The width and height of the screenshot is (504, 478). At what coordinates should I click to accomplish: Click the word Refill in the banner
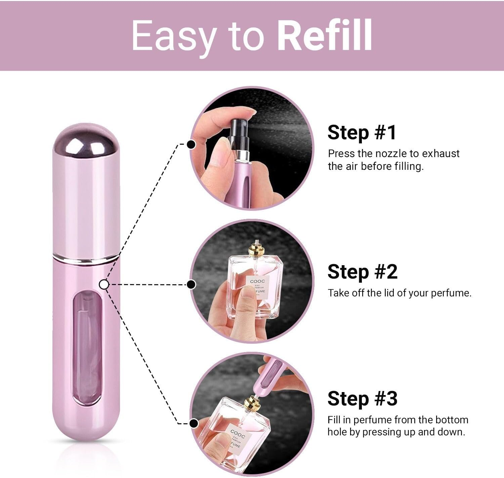[325, 35]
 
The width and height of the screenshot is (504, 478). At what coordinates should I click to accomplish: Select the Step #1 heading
[362, 132]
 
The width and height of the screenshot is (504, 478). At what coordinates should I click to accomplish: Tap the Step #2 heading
[362, 272]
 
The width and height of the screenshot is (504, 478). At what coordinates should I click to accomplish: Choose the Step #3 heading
[362, 398]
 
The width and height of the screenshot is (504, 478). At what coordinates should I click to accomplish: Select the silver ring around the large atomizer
[86, 258]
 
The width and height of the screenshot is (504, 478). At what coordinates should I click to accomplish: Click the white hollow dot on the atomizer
[104, 285]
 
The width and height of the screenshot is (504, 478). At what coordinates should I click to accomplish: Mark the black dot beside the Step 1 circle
[191, 144]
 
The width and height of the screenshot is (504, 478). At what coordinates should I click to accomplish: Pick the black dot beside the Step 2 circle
[191, 285]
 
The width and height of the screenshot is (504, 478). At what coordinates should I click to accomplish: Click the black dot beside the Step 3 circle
[193, 423]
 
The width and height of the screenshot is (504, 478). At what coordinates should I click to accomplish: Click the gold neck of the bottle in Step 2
[256, 250]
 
